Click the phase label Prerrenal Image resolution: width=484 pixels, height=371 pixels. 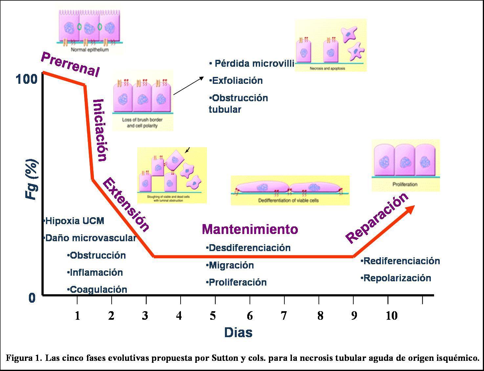tap(70, 64)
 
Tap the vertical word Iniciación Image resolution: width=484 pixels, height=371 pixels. tap(99, 130)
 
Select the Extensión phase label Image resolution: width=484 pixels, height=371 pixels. tap(126, 204)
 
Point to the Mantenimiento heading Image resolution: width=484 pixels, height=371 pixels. tap(250, 229)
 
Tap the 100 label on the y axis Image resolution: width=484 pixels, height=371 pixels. tap(27, 79)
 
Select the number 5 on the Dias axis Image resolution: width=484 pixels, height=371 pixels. tap(213, 316)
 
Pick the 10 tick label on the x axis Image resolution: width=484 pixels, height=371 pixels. tap(391, 316)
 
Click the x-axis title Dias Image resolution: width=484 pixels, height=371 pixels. tap(238, 333)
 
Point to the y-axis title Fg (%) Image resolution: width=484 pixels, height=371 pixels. tap(32, 179)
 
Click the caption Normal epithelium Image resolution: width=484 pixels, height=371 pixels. tap(90, 50)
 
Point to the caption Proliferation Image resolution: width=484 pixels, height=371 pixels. tap(405, 184)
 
